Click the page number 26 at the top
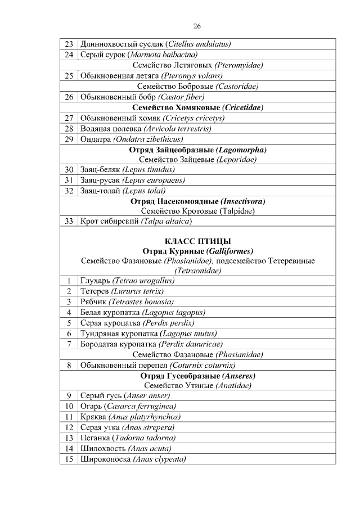coord(197,26)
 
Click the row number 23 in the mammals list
coord(69,44)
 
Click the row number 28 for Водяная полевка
coord(69,129)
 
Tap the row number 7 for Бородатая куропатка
coord(69,344)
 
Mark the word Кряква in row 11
coord(93,417)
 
